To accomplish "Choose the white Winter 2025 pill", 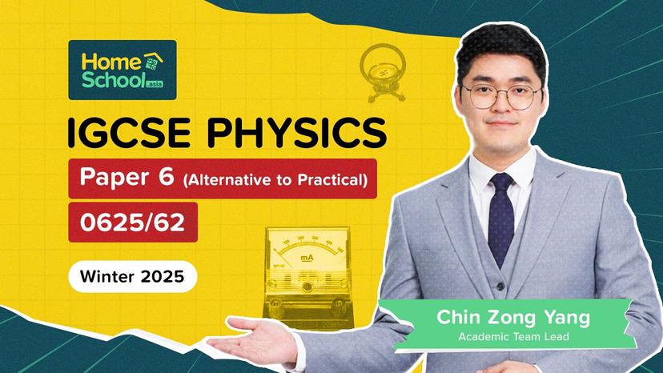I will click(x=131, y=278).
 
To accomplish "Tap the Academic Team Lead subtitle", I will click(x=513, y=337).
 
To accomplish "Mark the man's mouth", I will click(x=502, y=133).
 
